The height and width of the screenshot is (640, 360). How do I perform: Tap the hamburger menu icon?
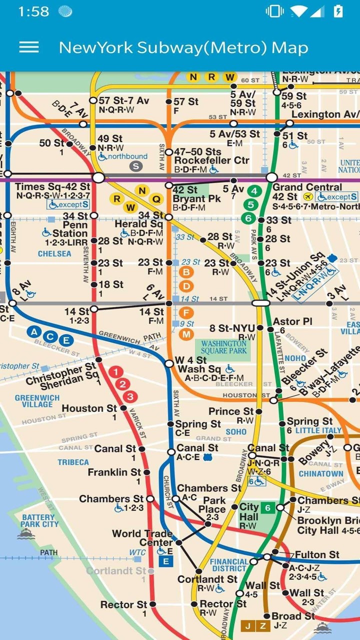tap(29, 47)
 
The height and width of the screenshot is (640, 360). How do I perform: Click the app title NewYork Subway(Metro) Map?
tap(183, 47)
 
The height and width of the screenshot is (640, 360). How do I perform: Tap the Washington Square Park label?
tap(224, 347)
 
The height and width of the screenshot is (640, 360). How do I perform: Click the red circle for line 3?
tap(130, 397)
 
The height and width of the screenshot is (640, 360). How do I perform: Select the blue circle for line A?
tap(34, 331)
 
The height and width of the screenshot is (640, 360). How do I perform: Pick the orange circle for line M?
tap(186, 334)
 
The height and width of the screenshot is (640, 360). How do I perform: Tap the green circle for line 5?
tap(251, 204)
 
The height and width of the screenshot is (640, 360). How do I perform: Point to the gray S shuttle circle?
tap(136, 166)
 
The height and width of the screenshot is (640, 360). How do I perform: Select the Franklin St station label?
tap(114, 472)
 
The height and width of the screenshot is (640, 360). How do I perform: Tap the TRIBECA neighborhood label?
tap(73, 462)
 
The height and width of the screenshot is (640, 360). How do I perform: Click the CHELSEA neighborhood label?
tap(54, 253)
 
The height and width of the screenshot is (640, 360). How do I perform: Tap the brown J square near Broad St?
tap(248, 625)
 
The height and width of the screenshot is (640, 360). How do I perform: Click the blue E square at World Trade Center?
tap(166, 561)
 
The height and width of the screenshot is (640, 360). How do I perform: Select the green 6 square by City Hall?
tap(268, 508)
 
